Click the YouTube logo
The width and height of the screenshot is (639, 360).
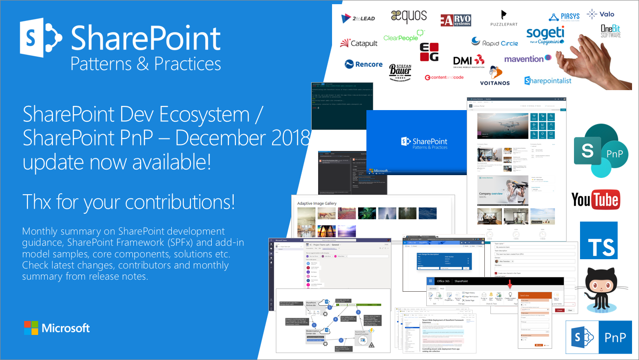click(595, 200)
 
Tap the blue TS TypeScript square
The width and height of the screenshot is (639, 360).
click(599, 240)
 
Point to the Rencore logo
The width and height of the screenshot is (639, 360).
click(364, 64)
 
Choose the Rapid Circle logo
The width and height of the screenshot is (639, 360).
click(495, 42)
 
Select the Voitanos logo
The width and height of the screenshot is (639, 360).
click(495, 76)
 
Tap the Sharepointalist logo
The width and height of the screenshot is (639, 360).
click(548, 81)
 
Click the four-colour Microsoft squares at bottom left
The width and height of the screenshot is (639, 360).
click(31, 328)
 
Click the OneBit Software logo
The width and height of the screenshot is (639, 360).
click(611, 31)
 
